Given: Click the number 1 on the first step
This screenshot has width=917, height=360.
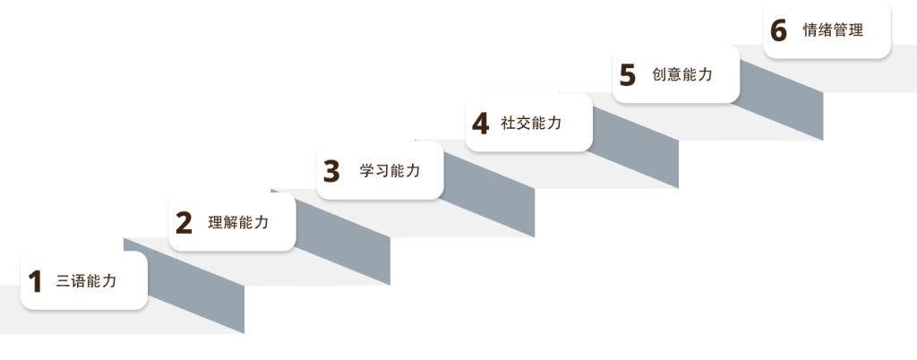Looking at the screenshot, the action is pos(35,282).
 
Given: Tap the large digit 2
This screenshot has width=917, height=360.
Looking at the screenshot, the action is pos(184,223).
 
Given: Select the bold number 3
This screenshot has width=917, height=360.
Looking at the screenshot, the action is pos(331,171).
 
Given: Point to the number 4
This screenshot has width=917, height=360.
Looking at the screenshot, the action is pos(480,124).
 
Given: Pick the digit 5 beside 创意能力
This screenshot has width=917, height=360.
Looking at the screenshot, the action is pos(628,75).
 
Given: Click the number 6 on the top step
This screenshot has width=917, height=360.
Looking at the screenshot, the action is pos(778,30).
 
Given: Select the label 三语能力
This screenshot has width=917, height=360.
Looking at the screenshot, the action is pos(87,281).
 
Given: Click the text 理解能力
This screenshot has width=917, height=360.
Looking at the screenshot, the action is pos(238,223).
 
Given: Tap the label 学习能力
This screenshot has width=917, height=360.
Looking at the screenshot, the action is pos(390,171).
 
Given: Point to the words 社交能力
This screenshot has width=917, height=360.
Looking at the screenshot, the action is pos(531,123).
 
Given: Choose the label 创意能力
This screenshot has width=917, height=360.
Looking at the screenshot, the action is pos(682,75).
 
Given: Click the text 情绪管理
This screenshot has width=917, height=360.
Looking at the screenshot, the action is pos(833,30).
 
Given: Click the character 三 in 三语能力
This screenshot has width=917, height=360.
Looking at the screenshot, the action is pos(64,281).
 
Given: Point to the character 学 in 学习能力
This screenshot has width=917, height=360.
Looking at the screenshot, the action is pos(366,171).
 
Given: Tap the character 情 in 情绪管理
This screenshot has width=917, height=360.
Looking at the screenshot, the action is pos(810,30).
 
